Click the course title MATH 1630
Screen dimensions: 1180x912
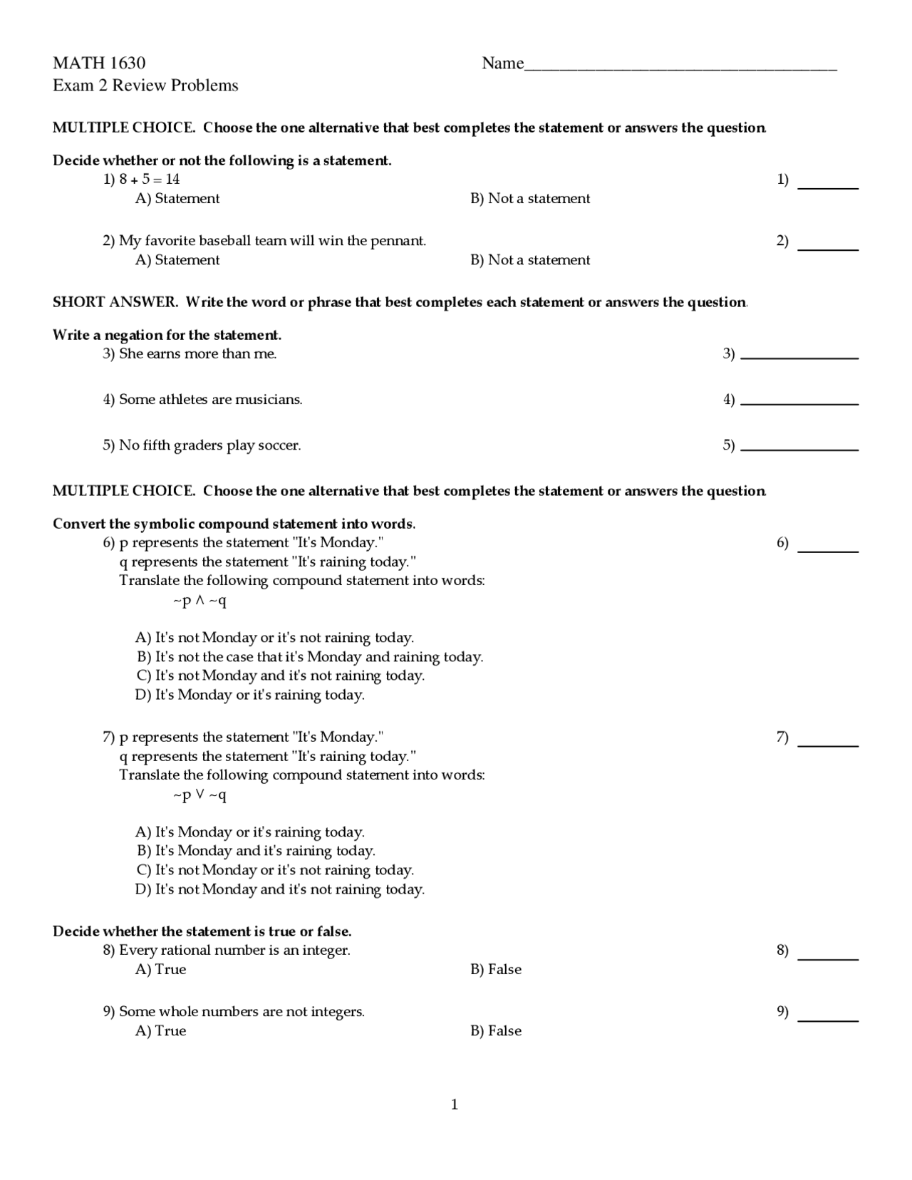point(99,63)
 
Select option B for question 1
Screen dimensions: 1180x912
point(529,199)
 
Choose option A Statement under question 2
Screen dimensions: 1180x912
point(177,260)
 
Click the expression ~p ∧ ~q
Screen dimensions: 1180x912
point(199,601)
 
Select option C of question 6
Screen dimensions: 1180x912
point(280,676)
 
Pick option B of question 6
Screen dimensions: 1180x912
point(309,657)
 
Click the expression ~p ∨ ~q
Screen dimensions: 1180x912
point(199,795)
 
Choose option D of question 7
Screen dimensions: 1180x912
point(280,889)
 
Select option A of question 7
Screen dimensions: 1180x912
point(250,832)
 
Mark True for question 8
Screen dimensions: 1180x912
point(161,970)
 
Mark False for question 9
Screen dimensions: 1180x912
point(496,1031)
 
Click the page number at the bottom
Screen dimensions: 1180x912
point(455,1105)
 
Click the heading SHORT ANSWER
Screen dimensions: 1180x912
point(115,302)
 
